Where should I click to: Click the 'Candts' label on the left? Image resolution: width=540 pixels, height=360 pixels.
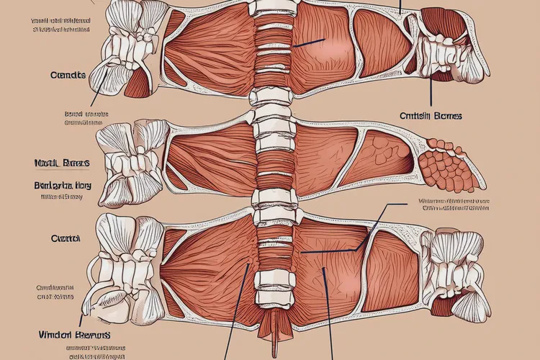pos(69,75)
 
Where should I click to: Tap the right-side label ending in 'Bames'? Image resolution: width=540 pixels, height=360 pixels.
pos(431,115)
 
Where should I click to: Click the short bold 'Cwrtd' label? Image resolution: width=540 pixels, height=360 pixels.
pos(65,238)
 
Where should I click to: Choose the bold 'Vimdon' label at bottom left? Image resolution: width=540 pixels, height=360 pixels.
pos(75,335)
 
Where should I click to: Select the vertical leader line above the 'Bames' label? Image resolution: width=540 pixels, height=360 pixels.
pos(431,90)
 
